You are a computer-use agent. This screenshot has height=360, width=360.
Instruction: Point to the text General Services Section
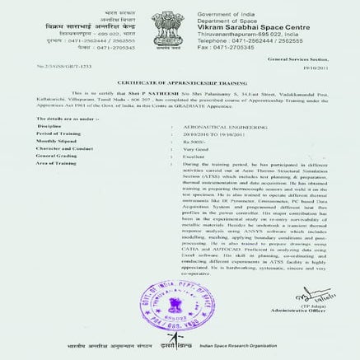pos(297,62)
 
